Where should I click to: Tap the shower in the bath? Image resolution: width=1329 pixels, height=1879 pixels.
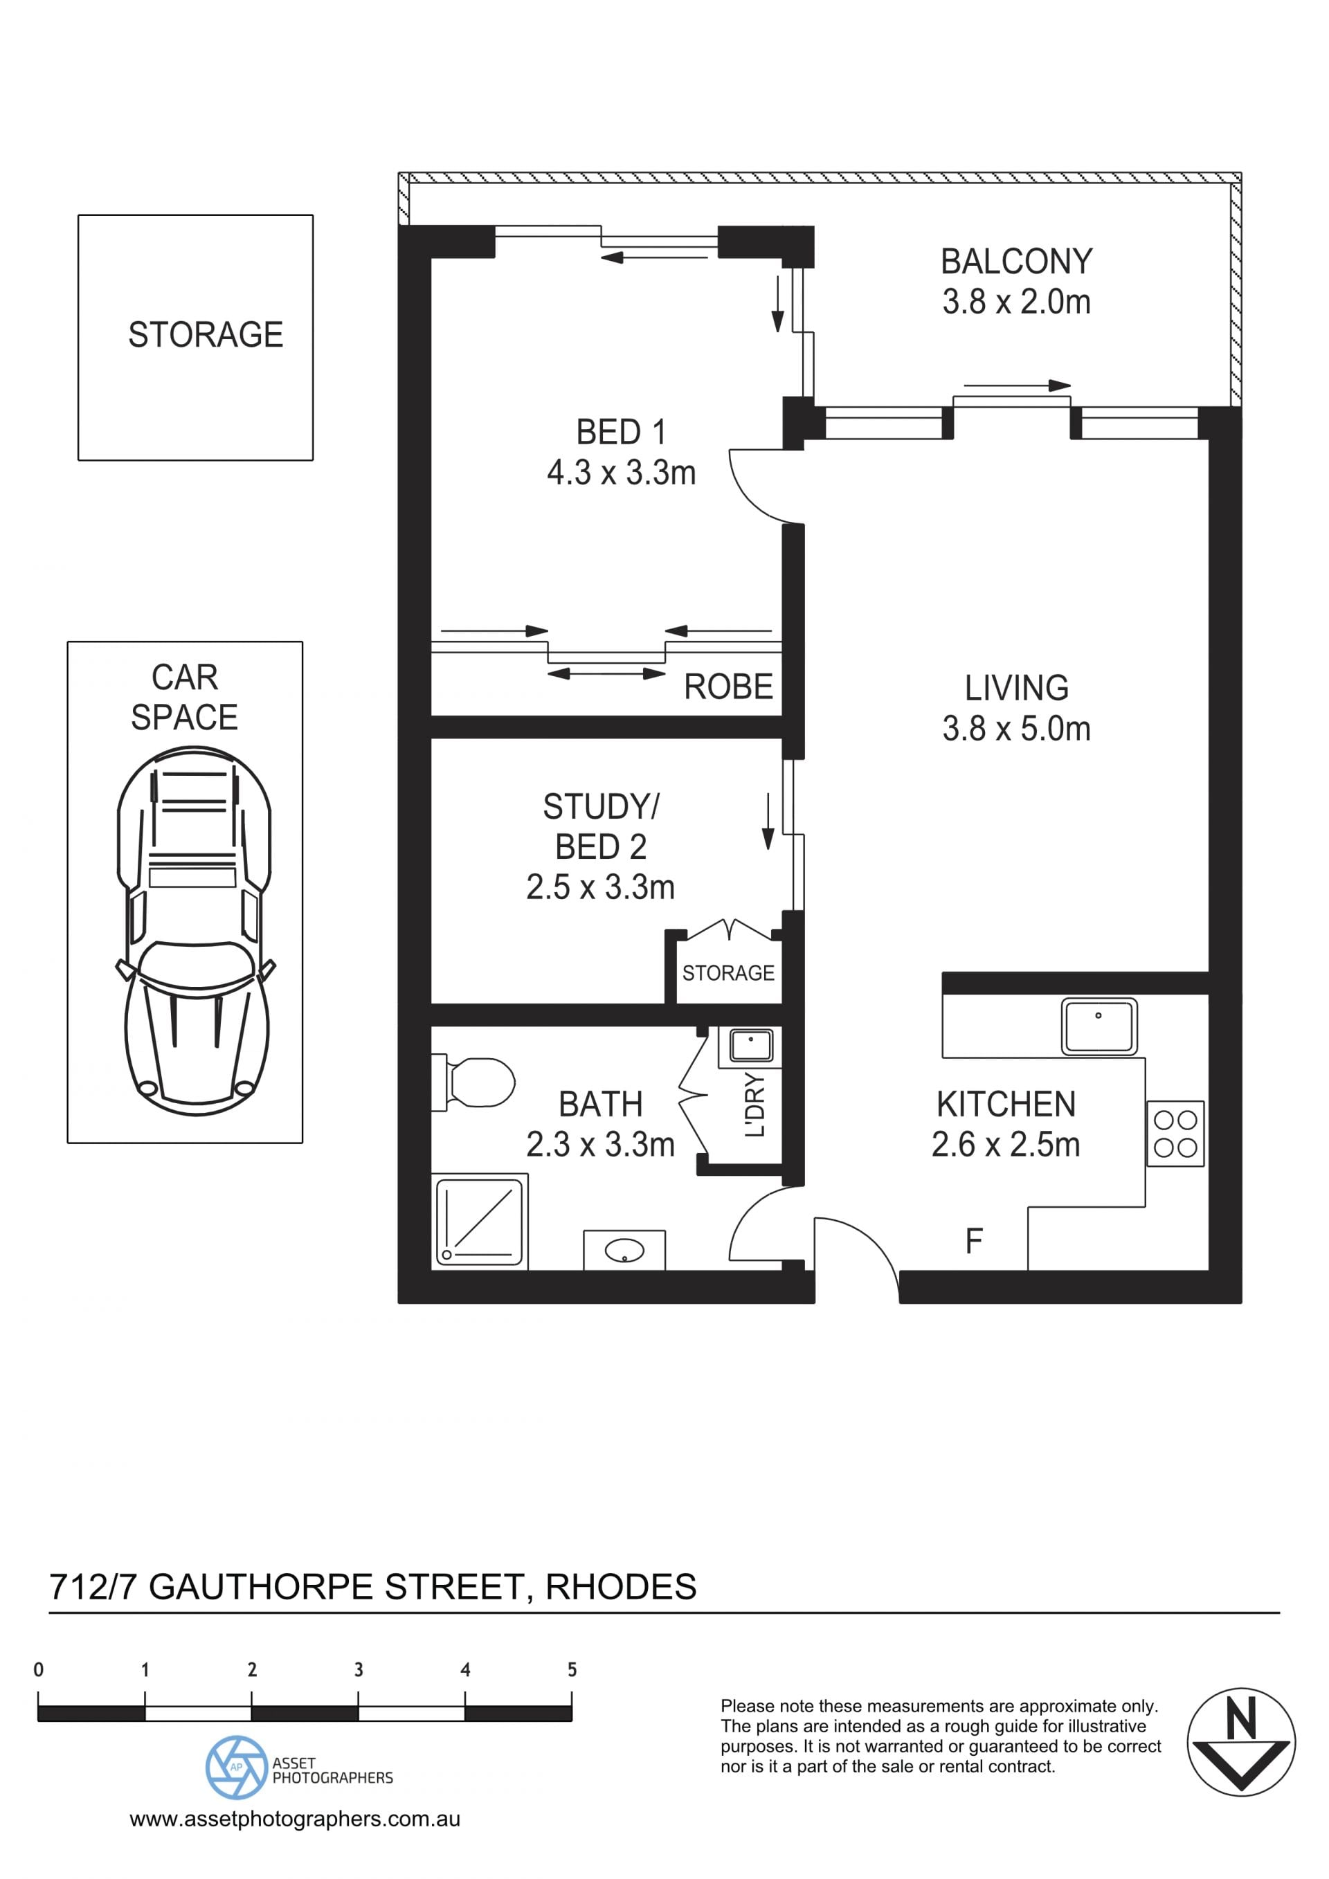(480, 1221)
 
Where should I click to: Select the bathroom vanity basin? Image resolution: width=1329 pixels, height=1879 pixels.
(624, 1251)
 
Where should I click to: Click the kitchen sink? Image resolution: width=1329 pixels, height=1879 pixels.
(1099, 1026)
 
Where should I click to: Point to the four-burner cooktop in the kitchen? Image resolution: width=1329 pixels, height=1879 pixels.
(1175, 1134)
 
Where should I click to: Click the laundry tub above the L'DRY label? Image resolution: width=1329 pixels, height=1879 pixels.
(750, 1046)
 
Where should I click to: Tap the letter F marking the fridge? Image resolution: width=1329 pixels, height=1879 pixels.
(974, 1242)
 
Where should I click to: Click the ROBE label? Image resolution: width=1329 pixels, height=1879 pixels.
(728, 687)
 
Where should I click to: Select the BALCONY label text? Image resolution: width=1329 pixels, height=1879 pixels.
(1016, 262)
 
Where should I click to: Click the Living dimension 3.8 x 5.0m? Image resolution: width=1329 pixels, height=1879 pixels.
(1016, 728)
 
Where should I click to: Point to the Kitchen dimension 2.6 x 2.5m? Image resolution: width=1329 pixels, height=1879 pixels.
(1006, 1144)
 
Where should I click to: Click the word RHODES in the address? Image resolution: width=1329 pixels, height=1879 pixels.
(621, 1587)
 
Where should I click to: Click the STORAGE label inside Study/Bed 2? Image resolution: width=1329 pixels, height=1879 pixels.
(728, 973)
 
